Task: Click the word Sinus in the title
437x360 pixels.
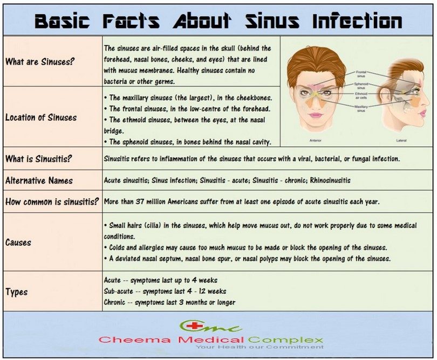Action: tap(272, 20)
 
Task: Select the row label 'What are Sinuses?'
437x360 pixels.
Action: tap(40, 61)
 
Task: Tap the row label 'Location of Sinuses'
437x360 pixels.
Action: tap(41, 117)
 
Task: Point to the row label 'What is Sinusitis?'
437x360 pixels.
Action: tap(38, 158)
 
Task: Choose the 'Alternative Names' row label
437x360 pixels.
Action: tap(39, 181)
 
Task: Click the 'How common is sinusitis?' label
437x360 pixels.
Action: tap(52, 202)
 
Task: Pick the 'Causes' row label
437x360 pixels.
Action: tap(18, 242)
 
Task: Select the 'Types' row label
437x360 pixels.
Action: tap(16, 292)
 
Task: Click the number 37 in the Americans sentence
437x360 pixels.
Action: tap(140, 202)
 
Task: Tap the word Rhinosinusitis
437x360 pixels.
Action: tap(330, 180)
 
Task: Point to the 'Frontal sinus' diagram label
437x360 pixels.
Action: tap(361, 74)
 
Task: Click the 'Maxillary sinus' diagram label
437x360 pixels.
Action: tap(361, 108)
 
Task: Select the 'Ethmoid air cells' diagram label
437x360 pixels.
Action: tap(361, 95)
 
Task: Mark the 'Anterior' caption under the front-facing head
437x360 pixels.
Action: tap(316, 140)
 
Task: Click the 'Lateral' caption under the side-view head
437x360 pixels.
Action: tap(401, 140)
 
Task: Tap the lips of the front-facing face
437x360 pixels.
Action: tap(315, 115)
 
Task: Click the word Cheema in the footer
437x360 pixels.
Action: tap(134, 340)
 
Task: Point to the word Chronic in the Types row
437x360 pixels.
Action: tap(114, 302)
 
